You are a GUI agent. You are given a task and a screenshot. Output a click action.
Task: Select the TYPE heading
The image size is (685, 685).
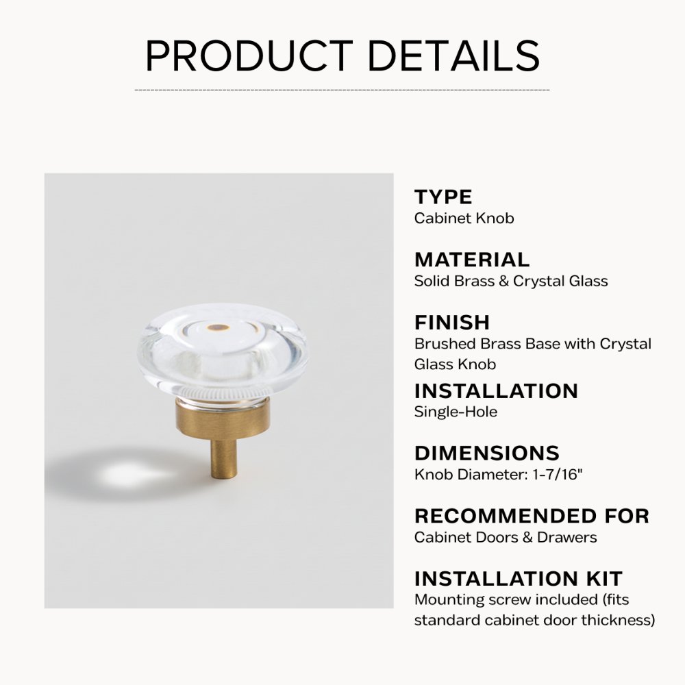click(443, 197)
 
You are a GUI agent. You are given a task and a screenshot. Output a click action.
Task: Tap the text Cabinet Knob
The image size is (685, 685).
click(464, 219)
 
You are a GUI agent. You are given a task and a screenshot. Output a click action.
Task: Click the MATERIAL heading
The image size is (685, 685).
click(472, 260)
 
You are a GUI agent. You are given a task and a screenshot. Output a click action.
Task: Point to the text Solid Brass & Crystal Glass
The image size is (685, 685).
click(511, 281)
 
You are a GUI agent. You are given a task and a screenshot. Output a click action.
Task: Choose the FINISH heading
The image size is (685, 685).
click(452, 322)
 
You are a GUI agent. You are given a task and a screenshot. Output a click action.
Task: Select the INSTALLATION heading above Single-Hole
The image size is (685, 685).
click(496, 390)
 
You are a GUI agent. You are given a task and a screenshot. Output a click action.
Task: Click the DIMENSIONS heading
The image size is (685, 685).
click(486, 453)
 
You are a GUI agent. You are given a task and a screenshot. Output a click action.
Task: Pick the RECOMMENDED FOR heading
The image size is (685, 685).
click(532, 515)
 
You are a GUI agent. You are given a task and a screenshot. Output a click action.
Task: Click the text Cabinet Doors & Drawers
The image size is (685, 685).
click(506, 537)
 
